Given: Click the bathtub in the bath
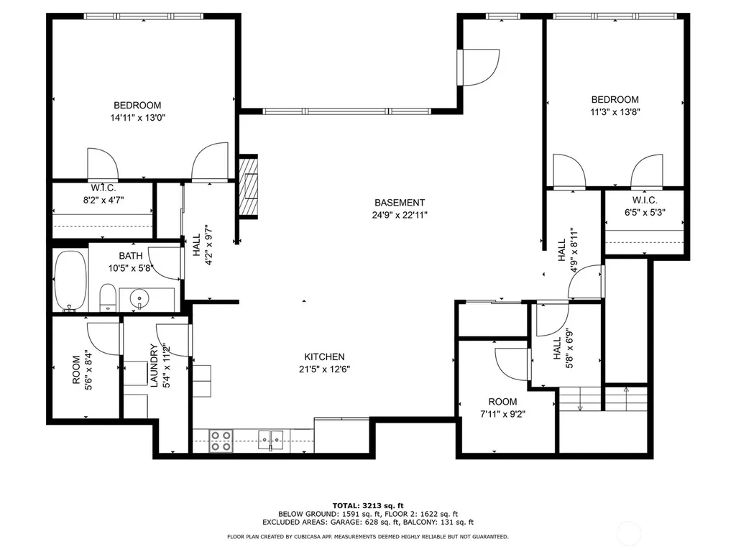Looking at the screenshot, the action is [x=71, y=281].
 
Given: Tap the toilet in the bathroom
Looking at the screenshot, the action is [x=108, y=298].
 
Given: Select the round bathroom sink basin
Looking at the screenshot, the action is [x=139, y=298].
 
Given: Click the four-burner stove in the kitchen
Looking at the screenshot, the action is [x=221, y=441].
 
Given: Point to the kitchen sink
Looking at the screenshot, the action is [x=271, y=440].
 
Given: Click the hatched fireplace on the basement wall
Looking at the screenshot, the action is [x=248, y=186].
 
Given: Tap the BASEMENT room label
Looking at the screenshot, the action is [x=400, y=203].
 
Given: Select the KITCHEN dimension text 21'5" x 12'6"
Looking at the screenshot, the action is [x=324, y=369].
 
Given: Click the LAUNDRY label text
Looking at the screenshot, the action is [x=154, y=366].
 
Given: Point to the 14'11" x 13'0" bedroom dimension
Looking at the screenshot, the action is [x=138, y=117].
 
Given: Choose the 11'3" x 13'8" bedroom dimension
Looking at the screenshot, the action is [x=615, y=111].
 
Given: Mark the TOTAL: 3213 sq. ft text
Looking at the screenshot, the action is [x=368, y=505].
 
